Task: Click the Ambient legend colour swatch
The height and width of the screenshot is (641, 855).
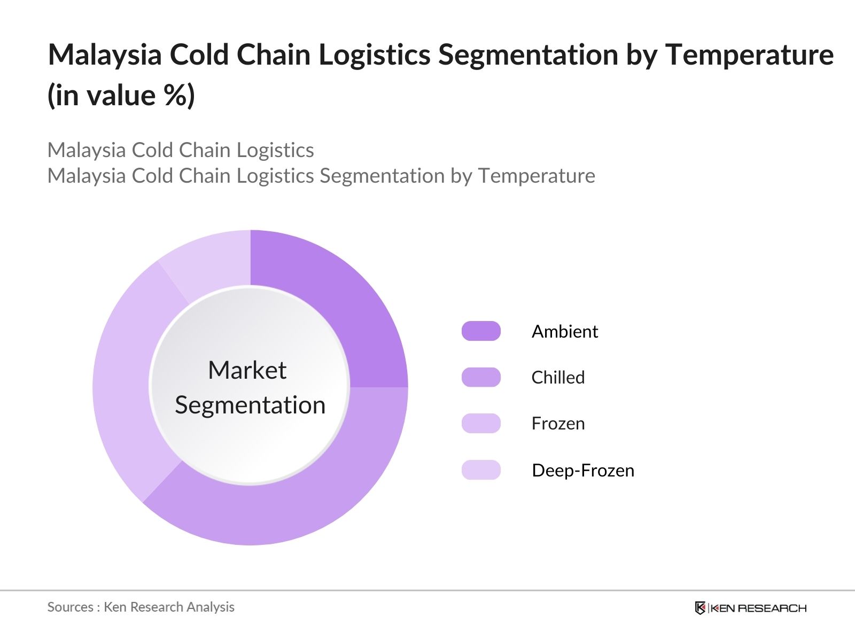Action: (481, 331)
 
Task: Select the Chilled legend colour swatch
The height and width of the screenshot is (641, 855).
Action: (481, 377)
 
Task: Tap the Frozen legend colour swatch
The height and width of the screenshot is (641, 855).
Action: (481, 424)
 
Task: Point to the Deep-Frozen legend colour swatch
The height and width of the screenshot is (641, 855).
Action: (481, 470)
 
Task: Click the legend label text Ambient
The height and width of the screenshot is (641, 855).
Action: (565, 332)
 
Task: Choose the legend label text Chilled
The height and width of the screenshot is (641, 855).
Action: (558, 378)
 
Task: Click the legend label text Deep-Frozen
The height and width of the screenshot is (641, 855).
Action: (583, 471)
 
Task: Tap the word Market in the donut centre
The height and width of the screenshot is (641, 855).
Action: (247, 370)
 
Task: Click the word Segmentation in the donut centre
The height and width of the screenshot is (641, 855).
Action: (250, 405)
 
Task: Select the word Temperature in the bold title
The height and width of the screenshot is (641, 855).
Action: (749, 55)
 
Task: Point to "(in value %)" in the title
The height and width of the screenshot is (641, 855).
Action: (121, 96)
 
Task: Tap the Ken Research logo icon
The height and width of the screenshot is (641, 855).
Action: (700, 608)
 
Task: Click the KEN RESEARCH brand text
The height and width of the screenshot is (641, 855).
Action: (758, 608)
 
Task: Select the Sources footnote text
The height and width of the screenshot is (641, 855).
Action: (141, 607)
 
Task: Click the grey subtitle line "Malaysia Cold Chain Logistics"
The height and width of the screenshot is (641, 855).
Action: (181, 150)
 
